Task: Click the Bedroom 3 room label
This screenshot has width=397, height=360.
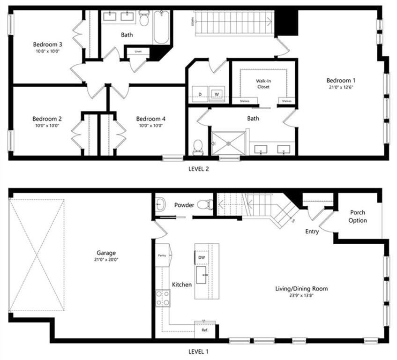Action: pos(48,44)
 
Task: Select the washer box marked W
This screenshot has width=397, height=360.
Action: pos(217,94)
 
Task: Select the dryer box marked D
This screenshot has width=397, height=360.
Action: pos(200,94)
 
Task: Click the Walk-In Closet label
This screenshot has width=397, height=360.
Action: pos(263,83)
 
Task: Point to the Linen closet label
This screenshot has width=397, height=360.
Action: pos(138,51)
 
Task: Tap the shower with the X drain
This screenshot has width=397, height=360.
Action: pos(229,143)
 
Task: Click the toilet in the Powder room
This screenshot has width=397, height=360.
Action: pos(205,204)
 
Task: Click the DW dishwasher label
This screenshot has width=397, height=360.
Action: pos(202,258)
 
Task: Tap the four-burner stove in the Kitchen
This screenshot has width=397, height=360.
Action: pos(163,298)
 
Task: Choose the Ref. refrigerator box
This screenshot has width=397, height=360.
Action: pos(205,330)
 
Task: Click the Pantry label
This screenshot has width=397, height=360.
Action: pos(162,255)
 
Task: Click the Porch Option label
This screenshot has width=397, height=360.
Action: pos(358,217)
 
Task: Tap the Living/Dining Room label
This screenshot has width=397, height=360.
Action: pos(301,288)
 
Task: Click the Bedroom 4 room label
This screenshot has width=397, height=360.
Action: pos(151,119)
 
